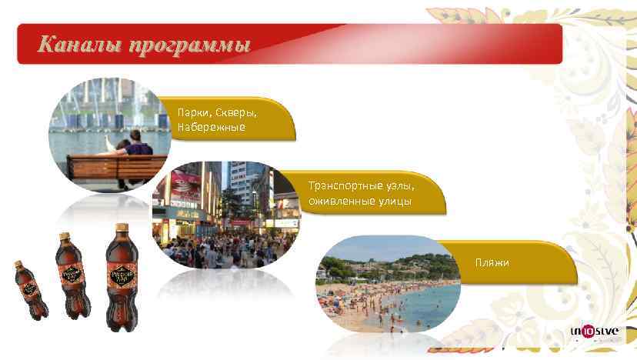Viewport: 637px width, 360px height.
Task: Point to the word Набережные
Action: pos(212,127)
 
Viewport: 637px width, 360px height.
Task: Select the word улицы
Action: pos(393,202)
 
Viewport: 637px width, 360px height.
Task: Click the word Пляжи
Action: pos(492,263)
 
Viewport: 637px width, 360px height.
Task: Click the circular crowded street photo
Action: pos(226,215)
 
